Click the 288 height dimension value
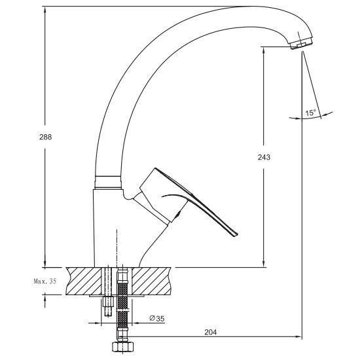[x=45, y=137]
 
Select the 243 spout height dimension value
[x=264, y=157]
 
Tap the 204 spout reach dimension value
[x=211, y=333]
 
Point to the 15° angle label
[x=311, y=113]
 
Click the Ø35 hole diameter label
[x=157, y=319]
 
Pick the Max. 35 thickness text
[x=45, y=281]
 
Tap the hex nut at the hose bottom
[x=123, y=347]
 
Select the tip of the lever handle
[x=236, y=234]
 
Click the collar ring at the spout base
[x=108, y=182]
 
